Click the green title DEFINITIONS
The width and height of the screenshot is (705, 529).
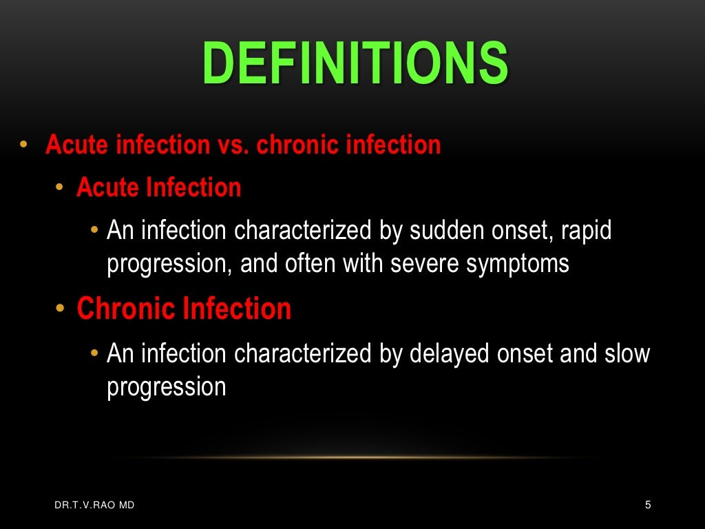pos(355,63)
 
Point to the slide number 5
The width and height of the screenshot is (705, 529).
pos(648,506)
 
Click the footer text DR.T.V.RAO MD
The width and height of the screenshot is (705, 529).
pos(95,506)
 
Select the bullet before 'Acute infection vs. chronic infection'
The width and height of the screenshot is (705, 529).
pos(23,145)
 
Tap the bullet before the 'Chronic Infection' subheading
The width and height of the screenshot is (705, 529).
pos(61,309)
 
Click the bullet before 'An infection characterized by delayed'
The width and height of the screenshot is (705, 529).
pos(94,353)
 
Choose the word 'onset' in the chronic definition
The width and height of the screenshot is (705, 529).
pos(527,353)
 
